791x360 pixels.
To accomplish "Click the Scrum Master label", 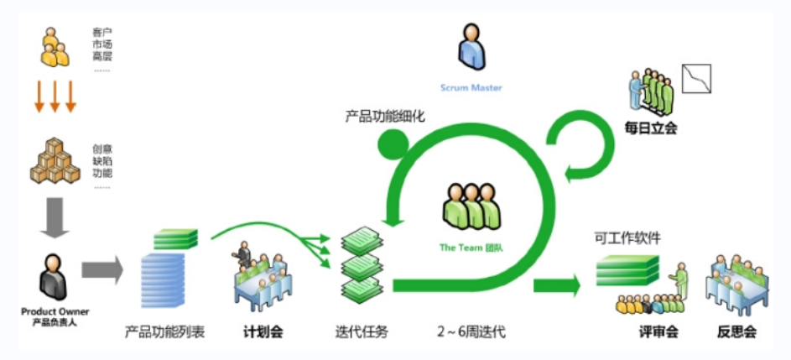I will [x=471, y=87].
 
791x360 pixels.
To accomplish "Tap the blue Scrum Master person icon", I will [x=471, y=47].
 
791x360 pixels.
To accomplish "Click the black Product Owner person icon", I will [x=54, y=279].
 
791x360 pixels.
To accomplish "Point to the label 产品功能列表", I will [x=164, y=331].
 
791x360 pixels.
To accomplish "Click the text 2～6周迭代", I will [x=471, y=331].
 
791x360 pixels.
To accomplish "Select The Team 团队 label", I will [x=471, y=248].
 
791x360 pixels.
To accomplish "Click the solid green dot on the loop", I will [x=390, y=144].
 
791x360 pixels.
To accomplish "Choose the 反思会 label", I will [x=737, y=331].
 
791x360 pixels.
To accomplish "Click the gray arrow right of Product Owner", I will [x=101, y=271].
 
